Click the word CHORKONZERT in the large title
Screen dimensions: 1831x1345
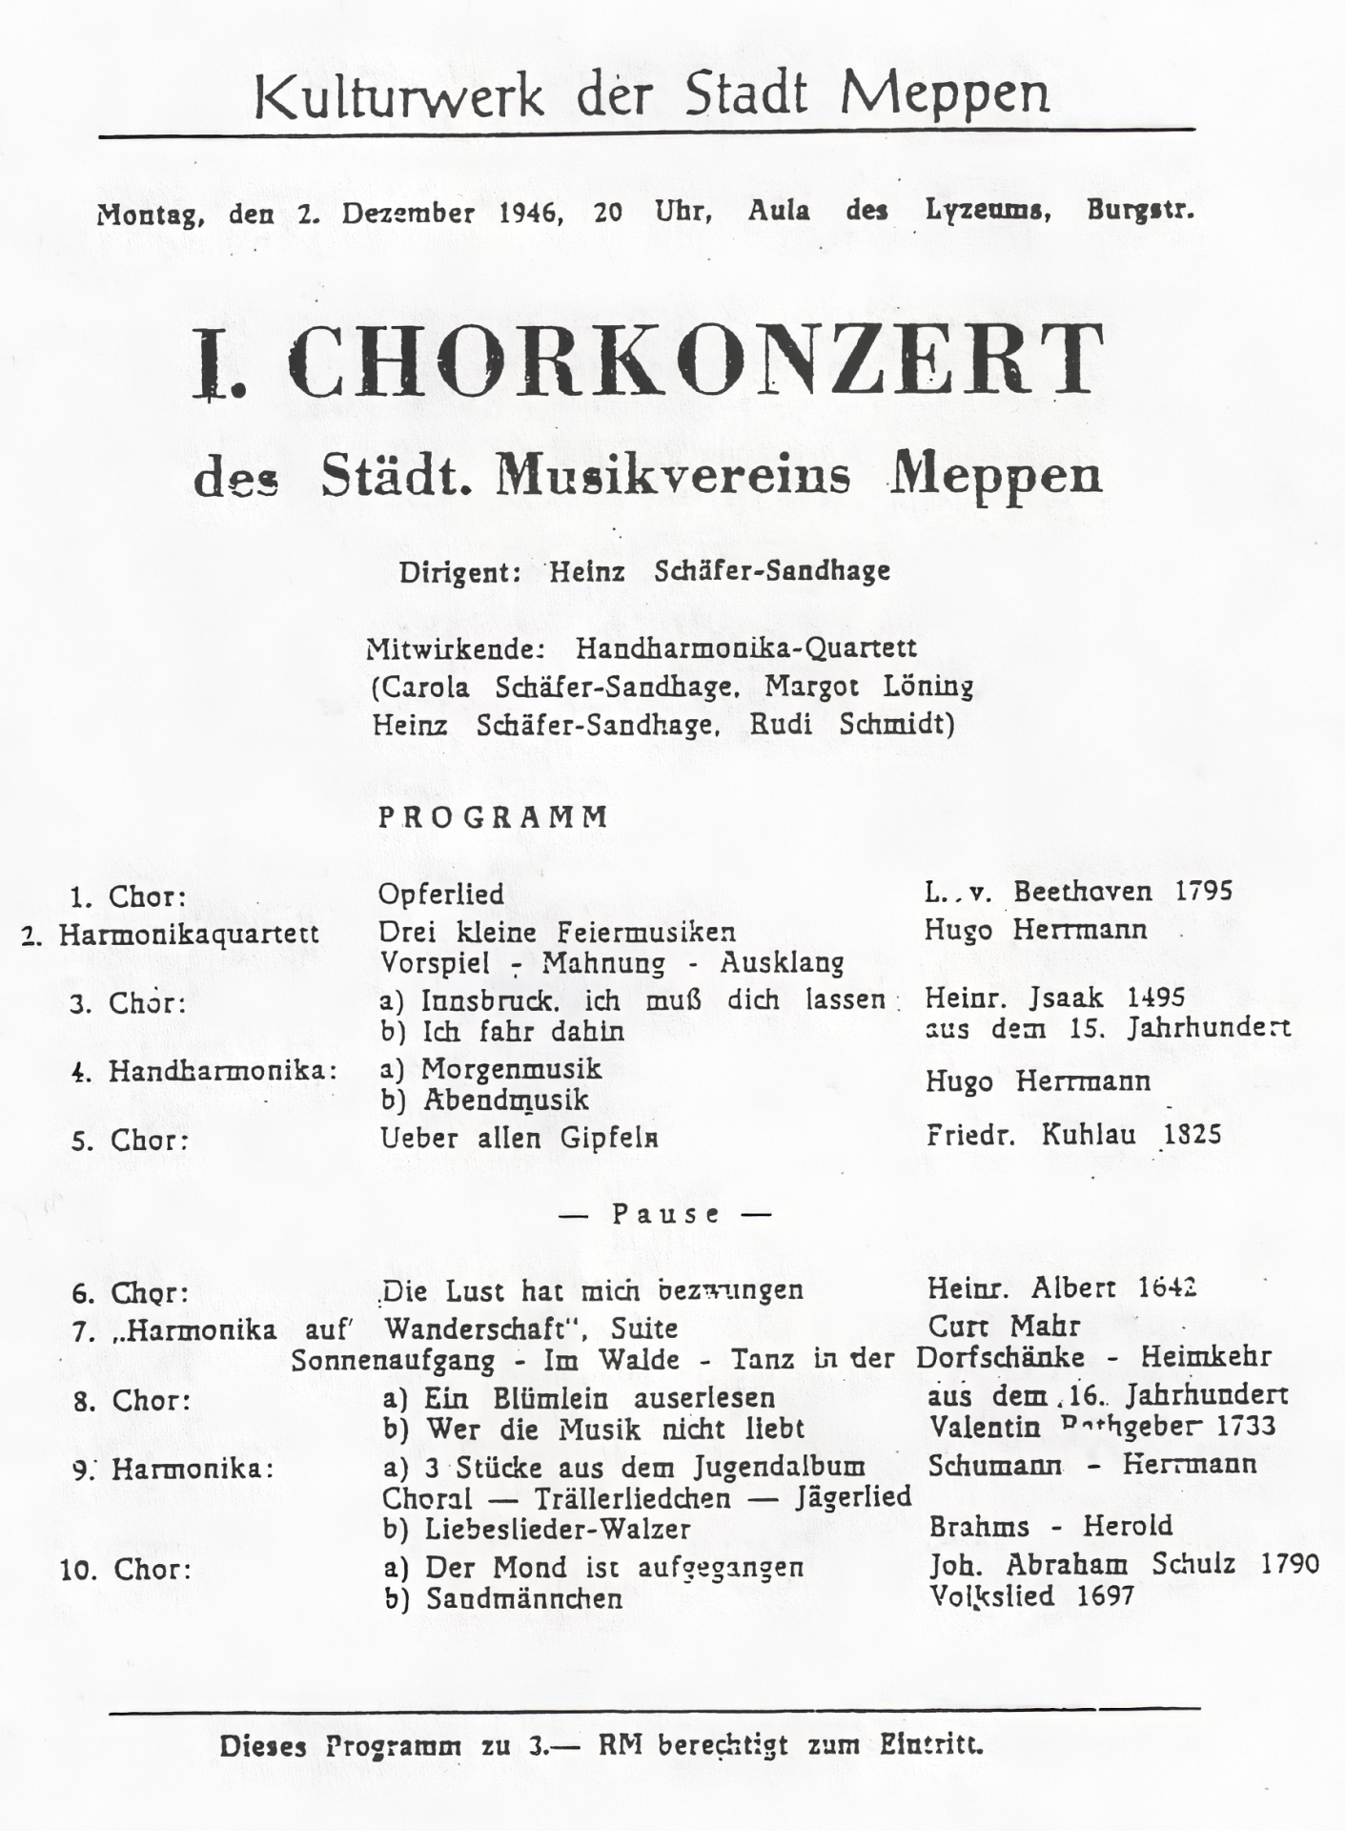tap(695, 361)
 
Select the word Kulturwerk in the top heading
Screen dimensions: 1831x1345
tap(399, 94)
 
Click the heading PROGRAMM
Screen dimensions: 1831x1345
tap(494, 817)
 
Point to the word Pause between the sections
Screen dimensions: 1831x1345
tap(666, 1214)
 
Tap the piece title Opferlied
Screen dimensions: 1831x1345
tap(441, 895)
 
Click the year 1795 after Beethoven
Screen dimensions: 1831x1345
tap(1204, 891)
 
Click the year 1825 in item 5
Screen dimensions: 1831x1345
tap(1192, 1135)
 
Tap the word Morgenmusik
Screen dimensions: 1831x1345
tap(511, 1068)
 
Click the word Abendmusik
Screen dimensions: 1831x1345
tap(505, 1100)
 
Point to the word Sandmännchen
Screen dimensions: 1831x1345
tap(523, 1598)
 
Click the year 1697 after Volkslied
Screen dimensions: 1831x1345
tap(1106, 1595)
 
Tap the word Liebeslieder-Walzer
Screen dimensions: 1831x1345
tap(558, 1529)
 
